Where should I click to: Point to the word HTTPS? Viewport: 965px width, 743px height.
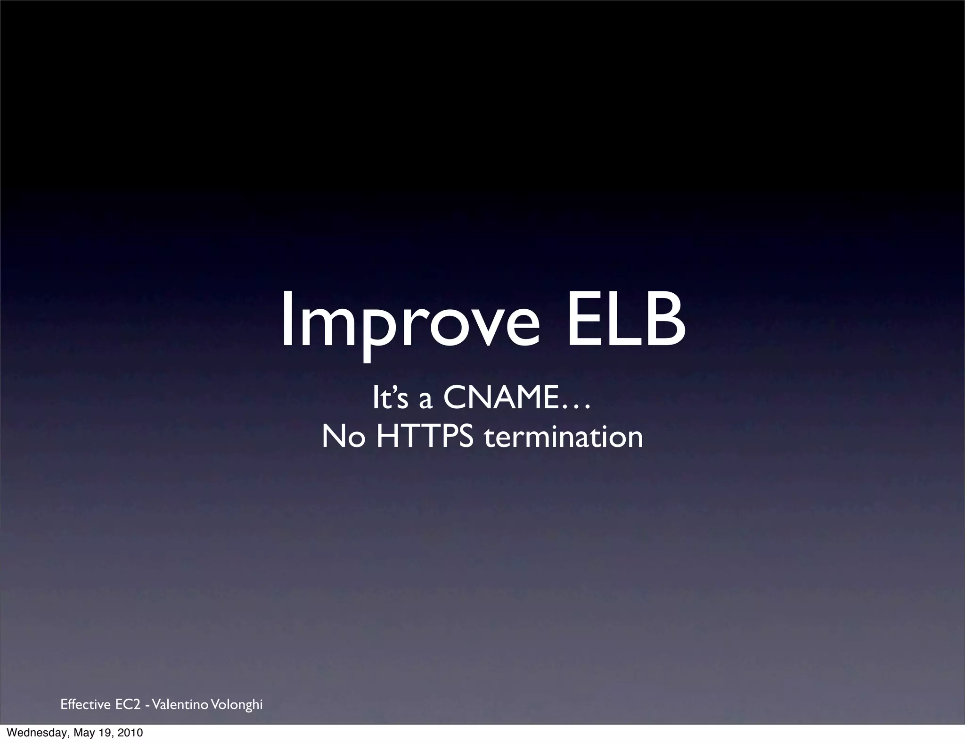tap(425, 437)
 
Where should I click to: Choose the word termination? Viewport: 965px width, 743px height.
tap(564, 437)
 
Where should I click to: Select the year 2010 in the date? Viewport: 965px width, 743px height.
tap(131, 733)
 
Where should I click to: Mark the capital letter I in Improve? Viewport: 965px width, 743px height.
tap(286, 318)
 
